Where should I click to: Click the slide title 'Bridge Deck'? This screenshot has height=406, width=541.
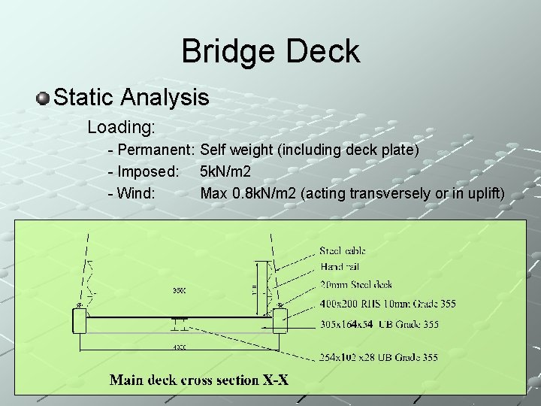pos(270,52)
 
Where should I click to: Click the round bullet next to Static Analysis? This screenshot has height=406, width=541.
pos(44,98)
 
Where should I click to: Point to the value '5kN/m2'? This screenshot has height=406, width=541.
pos(225,171)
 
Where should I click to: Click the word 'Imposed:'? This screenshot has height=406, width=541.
pos(148,171)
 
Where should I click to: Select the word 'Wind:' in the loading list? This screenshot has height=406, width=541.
pos(136,193)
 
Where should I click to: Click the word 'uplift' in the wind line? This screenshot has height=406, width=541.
pos(487,193)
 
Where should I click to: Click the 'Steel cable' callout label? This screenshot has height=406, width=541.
pos(343,250)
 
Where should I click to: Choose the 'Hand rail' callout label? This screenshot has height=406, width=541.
pos(340,266)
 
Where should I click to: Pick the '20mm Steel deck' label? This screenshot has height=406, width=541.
pos(356,284)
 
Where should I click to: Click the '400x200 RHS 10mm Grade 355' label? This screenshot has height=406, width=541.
pos(387,303)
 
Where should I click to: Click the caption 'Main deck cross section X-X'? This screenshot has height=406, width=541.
pos(199,380)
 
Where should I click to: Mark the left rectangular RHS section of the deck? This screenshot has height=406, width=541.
pos(80,322)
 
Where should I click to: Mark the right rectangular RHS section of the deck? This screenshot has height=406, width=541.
pos(280,321)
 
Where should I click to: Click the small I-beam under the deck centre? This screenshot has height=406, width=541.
pos(179,325)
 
